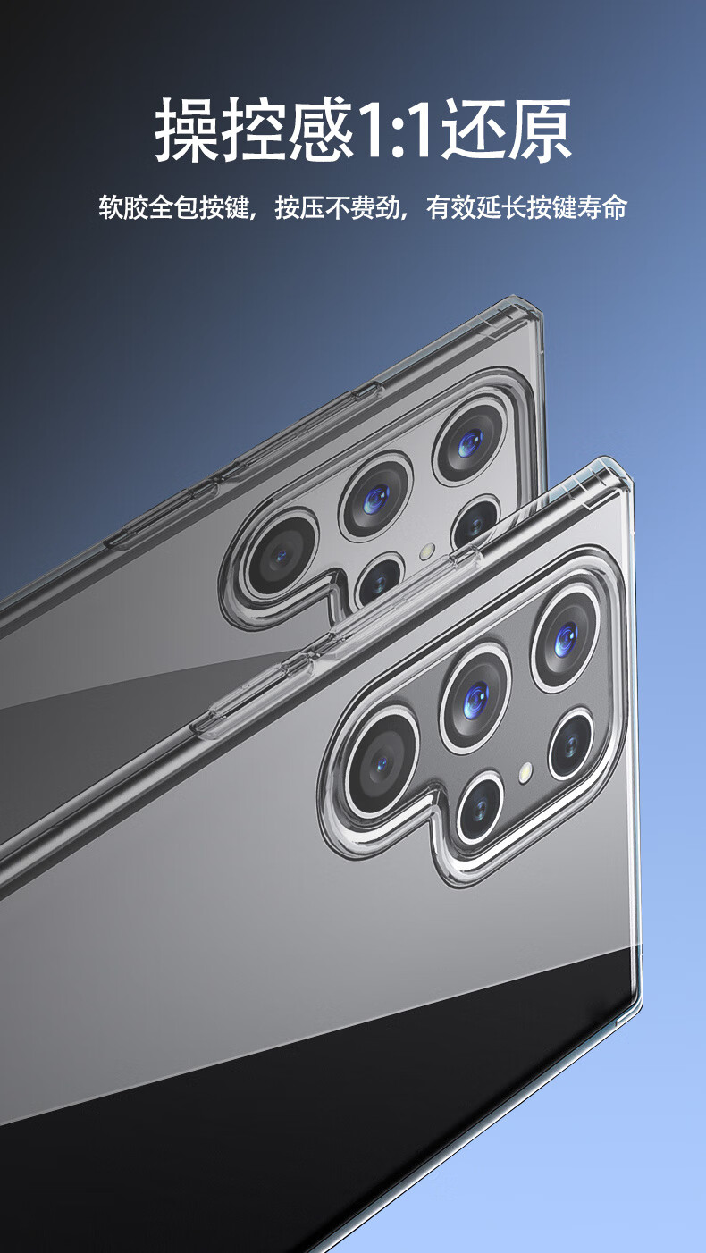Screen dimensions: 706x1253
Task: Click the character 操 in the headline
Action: point(187,130)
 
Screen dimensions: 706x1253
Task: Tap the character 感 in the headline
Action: point(322,130)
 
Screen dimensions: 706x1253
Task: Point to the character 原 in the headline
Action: point(539,130)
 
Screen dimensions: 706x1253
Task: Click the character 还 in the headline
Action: point(473,130)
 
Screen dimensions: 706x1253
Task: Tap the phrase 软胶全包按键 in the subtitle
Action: point(173,208)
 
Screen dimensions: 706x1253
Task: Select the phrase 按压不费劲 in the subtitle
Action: point(337,208)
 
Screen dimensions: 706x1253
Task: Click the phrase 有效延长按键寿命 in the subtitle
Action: point(527,208)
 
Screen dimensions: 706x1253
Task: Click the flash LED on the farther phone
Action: point(429,552)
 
